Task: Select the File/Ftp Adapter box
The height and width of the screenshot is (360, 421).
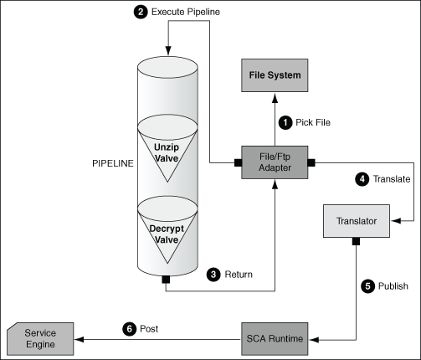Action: click(x=275, y=161)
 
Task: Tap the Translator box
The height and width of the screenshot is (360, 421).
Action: click(x=357, y=222)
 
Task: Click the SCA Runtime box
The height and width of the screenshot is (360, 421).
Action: click(x=275, y=338)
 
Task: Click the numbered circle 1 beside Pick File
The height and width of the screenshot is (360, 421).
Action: click(x=285, y=122)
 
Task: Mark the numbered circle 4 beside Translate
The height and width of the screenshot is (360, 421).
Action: click(x=362, y=178)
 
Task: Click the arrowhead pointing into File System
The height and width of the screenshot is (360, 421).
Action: click(x=275, y=99)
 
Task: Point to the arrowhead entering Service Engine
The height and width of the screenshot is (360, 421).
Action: click(x=79, y=338)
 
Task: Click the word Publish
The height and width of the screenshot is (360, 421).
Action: click(x=393, y=285)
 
